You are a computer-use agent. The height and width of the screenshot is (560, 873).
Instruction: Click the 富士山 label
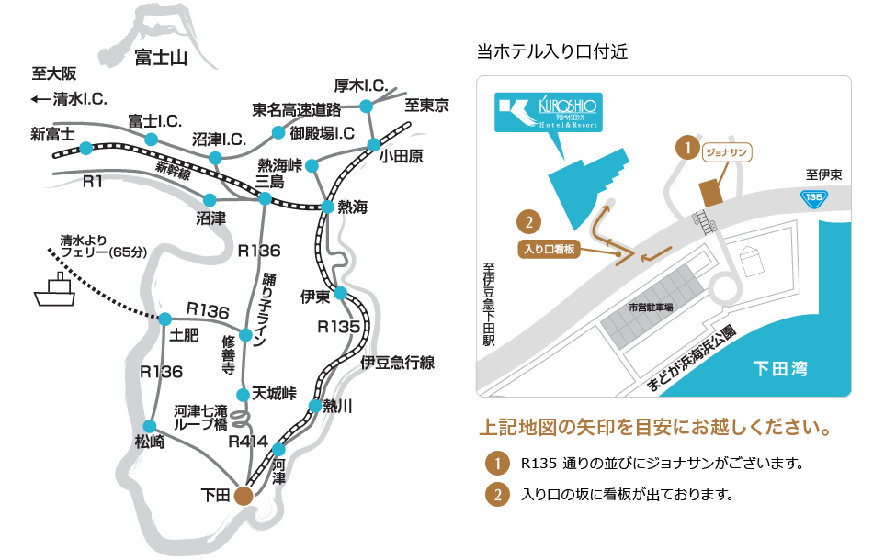click(160, 59)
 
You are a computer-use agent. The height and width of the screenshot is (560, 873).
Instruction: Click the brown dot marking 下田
click(243, 496)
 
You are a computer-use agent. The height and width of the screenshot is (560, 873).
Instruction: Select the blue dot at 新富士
click(85, 148)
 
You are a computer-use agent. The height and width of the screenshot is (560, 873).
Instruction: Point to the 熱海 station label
click(352, 207)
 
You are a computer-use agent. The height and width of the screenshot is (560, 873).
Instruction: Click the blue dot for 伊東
click(340, 293)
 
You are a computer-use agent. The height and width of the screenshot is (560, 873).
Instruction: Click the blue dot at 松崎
click(151, 425)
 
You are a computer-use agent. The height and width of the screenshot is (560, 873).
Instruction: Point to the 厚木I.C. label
click(359, 85)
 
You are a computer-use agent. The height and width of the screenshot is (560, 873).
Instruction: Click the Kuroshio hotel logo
click(548, 111)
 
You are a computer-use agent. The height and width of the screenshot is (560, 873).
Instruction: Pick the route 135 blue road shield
click(812, 196)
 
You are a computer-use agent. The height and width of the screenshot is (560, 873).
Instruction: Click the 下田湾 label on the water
click(779, 369)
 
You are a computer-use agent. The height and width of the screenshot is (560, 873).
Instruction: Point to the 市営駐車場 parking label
click(651, 307)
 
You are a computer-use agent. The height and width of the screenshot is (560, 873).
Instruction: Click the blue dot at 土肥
click(165, 319)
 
